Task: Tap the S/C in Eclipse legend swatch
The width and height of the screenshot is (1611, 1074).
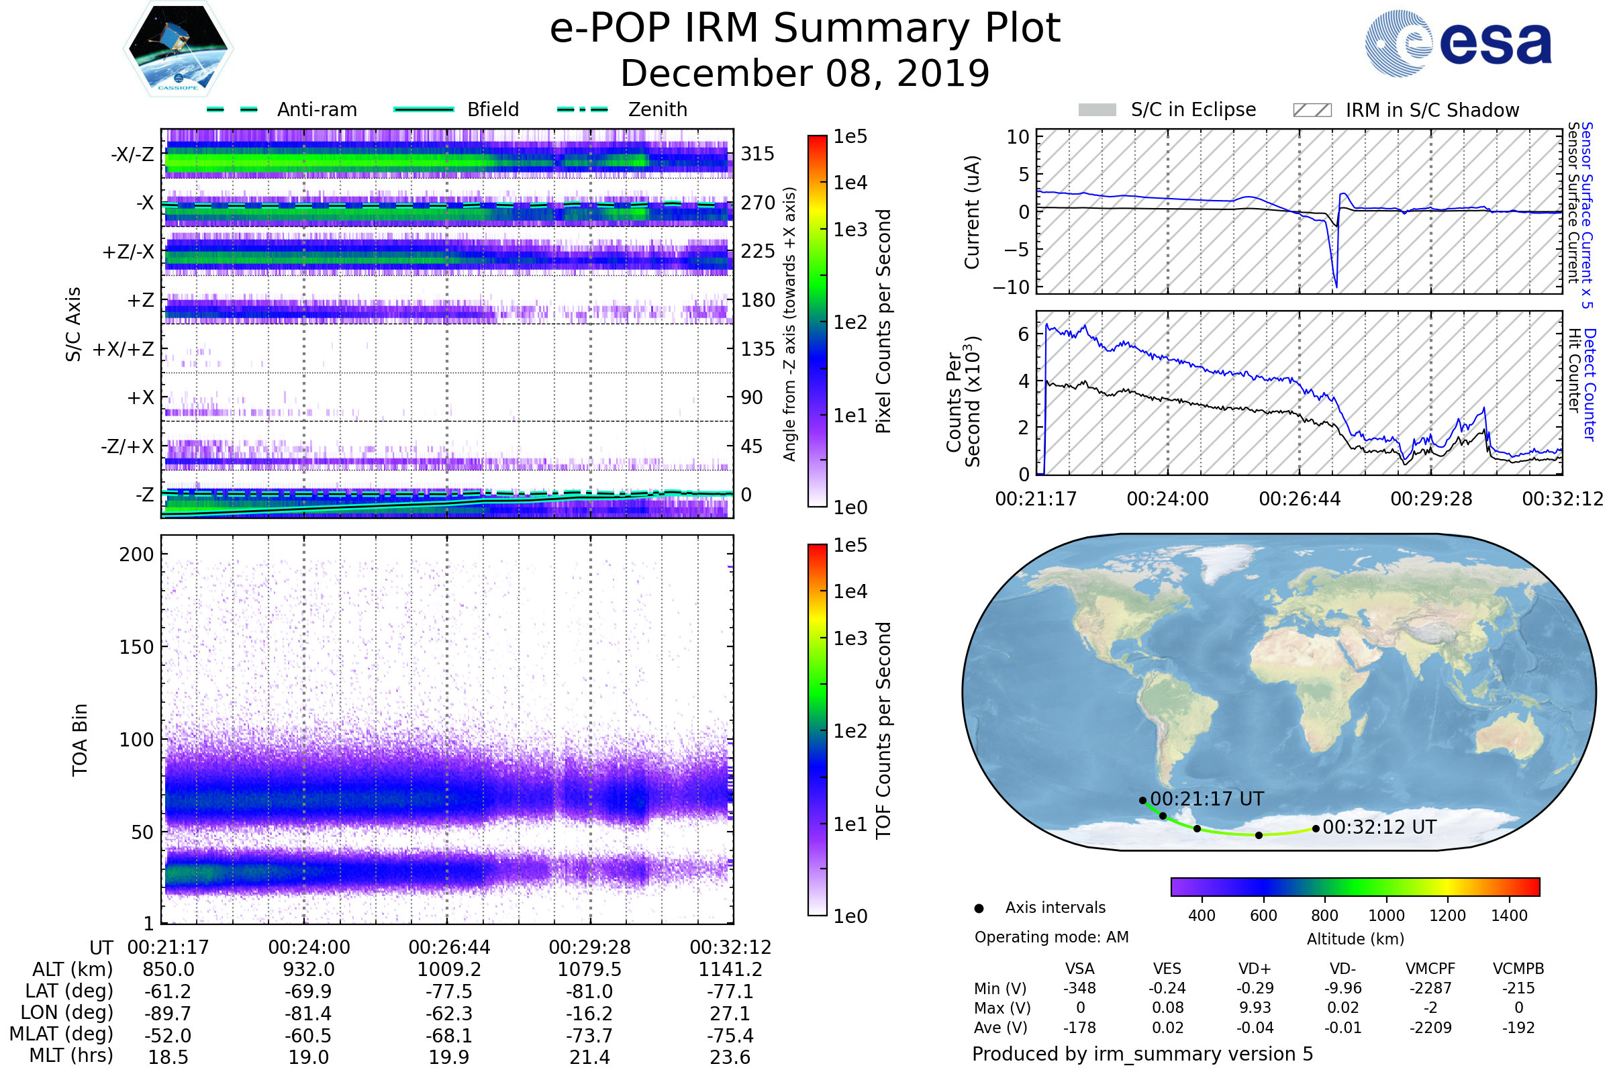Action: [x=1097, y=110]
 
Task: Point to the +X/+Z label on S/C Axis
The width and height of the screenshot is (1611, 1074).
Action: [x=124, y=349]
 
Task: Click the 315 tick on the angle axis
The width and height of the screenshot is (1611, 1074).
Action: [x=758, y=154]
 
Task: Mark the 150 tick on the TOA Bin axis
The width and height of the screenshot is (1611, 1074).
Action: [x=136, y=647]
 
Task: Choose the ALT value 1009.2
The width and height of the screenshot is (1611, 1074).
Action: [x=448, y=970]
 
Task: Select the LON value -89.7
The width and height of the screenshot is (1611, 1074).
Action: [x=168, y=1014]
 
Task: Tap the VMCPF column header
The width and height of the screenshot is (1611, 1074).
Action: [x=1430, y=969]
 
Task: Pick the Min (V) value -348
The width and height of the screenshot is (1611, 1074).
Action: [x=1079, y=988]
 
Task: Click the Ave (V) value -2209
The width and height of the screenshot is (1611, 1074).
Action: [x=1430, y=1028]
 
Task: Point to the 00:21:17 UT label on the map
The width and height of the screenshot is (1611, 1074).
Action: [x=1207, y=799]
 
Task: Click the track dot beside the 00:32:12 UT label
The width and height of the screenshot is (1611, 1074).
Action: [x=1316, y=829]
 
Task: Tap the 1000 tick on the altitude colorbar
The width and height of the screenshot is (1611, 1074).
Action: [x=1386, y=916]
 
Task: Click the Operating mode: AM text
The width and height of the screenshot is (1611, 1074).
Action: [x=1051, y=937]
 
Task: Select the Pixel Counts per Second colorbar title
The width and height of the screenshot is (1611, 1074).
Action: [x=883, y=322]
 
